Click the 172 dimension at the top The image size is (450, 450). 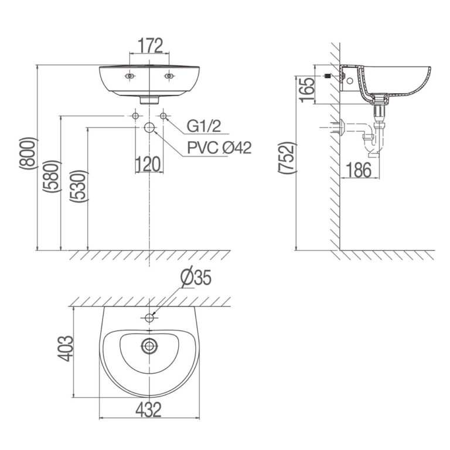150,45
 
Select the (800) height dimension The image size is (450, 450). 29,155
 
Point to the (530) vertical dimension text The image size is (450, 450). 79,186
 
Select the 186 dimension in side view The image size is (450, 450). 358,169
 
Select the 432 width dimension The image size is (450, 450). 149,410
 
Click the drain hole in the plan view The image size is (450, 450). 149,346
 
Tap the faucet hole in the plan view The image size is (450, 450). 149,319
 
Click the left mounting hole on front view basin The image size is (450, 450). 129,76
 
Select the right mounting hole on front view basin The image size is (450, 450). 171,76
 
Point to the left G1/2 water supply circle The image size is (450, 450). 136,116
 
